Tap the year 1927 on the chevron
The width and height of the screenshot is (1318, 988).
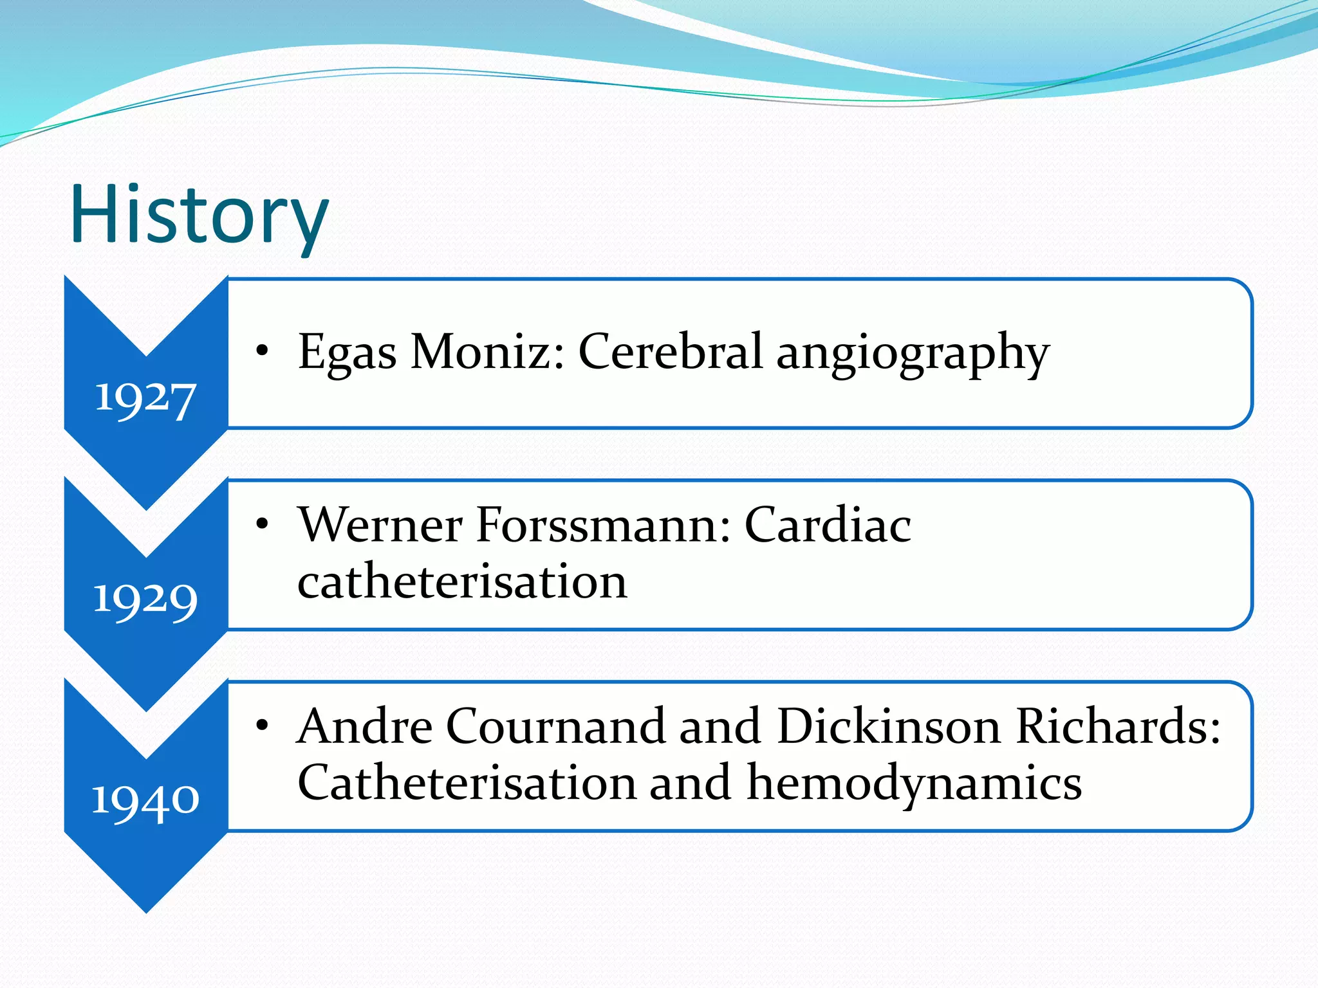tap(145, 399)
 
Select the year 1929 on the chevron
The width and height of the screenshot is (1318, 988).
tap(145, 600)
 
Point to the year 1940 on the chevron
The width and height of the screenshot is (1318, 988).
tap(145, 801)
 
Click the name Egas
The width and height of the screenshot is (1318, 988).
tap(347, 353)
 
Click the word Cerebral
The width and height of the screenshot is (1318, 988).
tap(670, 352)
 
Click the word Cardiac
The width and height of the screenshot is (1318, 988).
tap(828, 525)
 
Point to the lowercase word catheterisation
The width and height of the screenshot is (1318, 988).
tap(462, 581)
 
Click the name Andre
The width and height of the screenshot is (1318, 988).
tap(364, 726)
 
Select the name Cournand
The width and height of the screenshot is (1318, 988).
tap(555, 726)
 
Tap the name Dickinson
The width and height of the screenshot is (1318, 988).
tap(889, 726)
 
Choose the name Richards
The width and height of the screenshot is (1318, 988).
tap(1117, 726)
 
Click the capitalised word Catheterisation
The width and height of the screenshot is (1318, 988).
tap(467, 783)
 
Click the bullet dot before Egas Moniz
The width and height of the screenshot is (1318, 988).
tap(261, 351)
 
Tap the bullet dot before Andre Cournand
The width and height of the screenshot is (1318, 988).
tap(261, 726)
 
